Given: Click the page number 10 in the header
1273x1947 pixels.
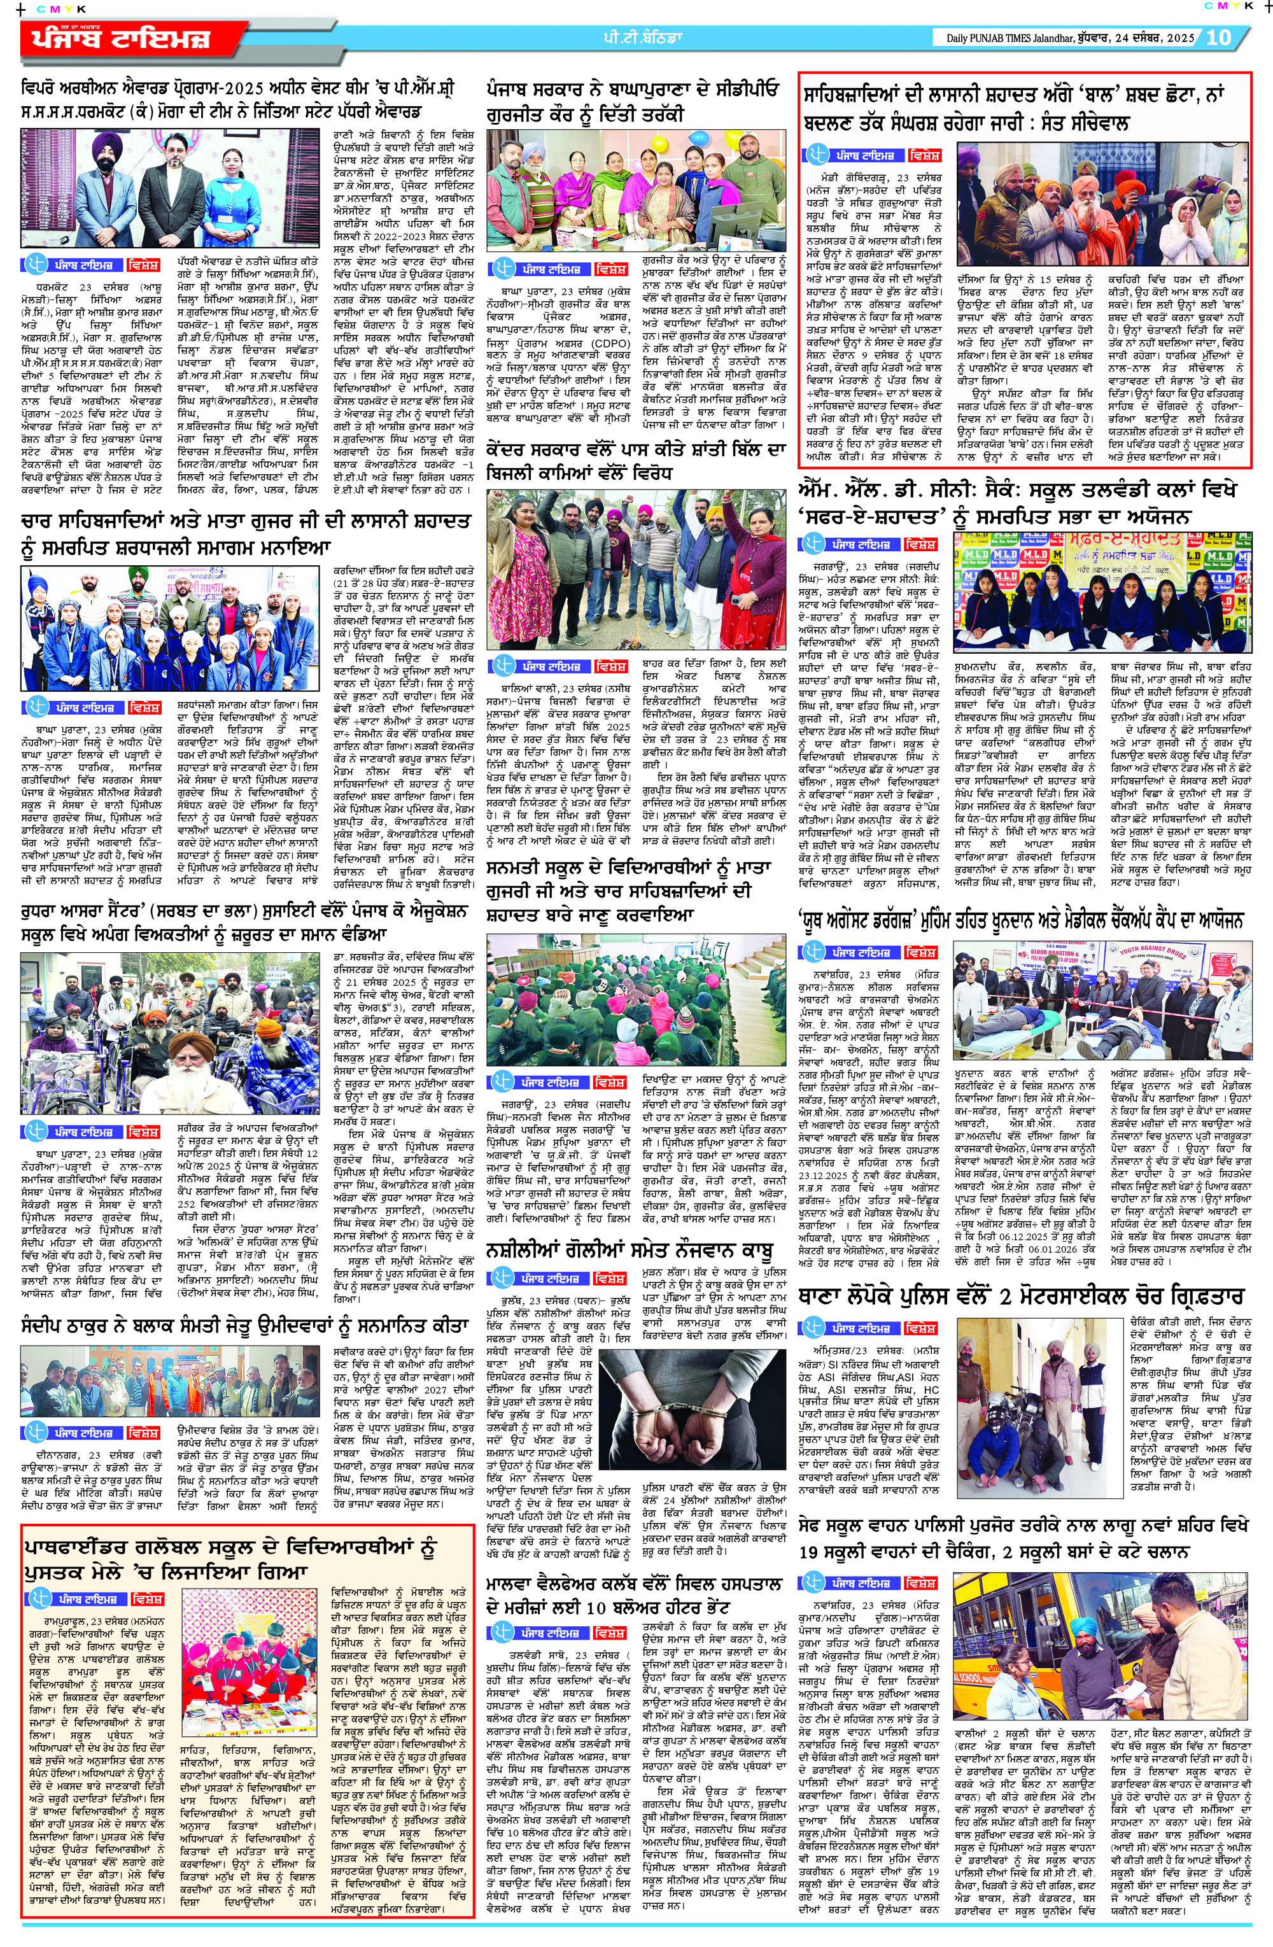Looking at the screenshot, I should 1218,37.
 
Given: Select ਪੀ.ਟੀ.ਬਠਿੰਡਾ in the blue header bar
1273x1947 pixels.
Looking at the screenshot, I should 638,37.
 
